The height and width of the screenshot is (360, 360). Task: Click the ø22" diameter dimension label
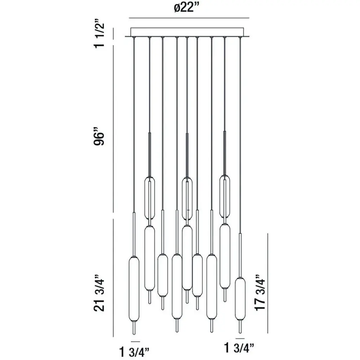[x=186, y=9]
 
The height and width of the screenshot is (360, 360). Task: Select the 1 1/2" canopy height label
[x=99, y=36]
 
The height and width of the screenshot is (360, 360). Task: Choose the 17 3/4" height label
[x=260, y=292]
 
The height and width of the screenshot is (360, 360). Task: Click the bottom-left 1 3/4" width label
[x=134, y=352]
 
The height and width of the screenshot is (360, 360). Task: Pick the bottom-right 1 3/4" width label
[x=239, y=348]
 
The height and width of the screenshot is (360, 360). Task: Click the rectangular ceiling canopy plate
[x=187, y=32]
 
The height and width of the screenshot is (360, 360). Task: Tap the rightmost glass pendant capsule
[x=240, y=299]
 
